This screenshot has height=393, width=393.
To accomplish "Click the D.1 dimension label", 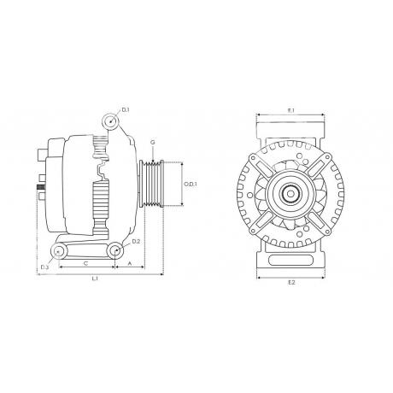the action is pyautogui.click(x=126, y=110).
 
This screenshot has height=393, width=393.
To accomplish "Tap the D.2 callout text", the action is pyautogui.click(x=136, y=242).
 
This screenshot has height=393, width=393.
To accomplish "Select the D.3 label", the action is pyautogui.click(x=44, y=267).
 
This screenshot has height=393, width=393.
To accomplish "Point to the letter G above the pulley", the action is pyautogui.click(x=153, y=142).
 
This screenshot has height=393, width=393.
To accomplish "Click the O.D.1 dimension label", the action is pyautogui.click(x=191, y=185).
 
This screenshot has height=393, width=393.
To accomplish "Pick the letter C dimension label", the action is pyautogui.click(x=85, y=263).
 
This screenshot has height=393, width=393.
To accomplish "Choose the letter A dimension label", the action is pyautogui.click(x=130, y=263).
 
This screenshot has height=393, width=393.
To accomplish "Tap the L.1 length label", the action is pyautogui.click(x=95, y=279).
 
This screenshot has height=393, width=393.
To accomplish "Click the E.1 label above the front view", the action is pyautogui.click(x=290, y=110).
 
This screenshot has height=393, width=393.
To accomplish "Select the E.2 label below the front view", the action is pyautogui.click(x=291, y=282).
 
